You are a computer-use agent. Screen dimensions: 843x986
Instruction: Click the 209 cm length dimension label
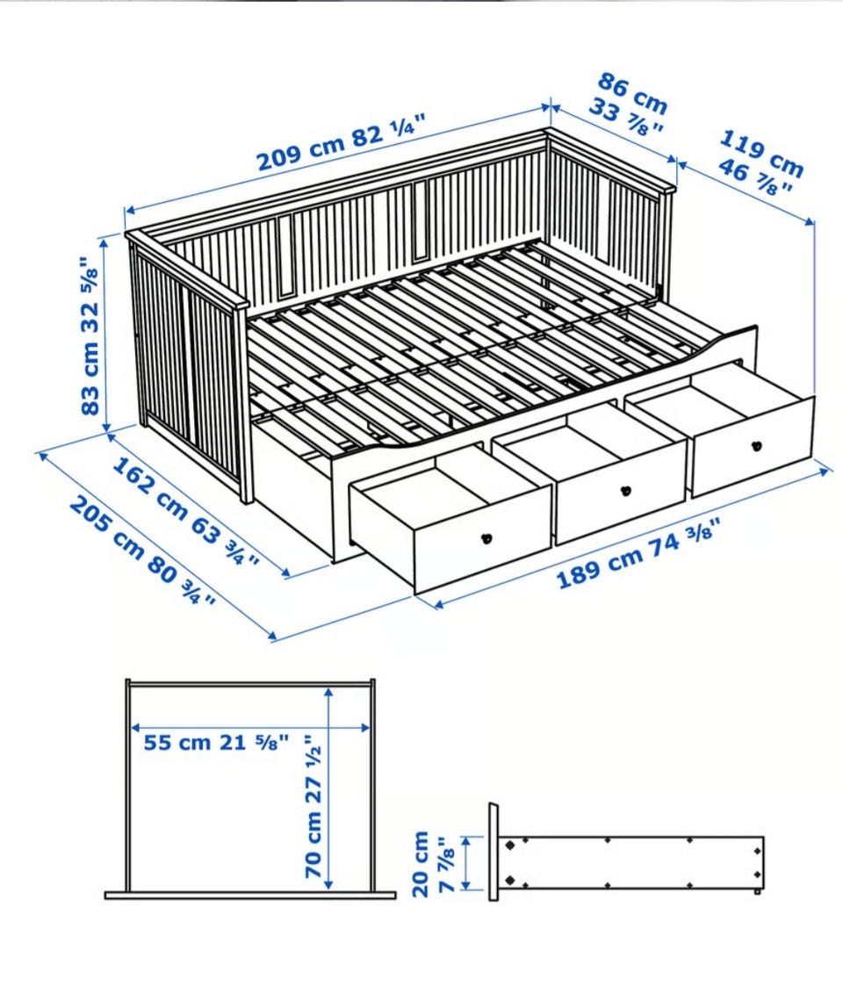coord(343,142)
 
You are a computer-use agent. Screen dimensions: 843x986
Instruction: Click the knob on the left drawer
coord(486,538)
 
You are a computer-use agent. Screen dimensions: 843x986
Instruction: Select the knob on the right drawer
coord(757,446)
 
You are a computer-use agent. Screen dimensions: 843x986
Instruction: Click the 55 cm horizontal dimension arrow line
coord(249,728)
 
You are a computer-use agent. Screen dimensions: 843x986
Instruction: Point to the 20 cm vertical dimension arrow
coord(466,863)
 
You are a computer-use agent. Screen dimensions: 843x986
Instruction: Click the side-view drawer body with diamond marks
coord(631,862)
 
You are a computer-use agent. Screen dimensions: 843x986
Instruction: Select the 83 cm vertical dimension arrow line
coord(105,333)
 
